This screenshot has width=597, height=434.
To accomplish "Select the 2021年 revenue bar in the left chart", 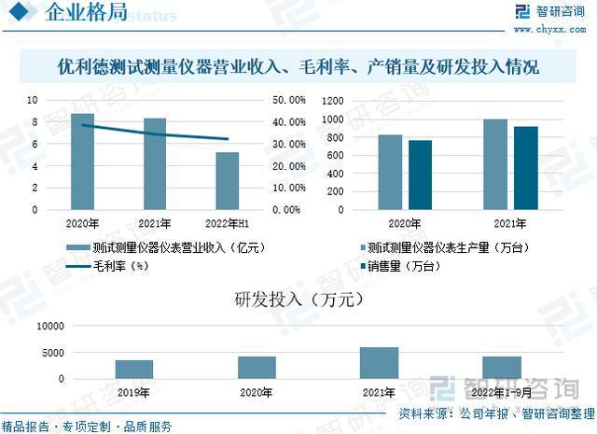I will [x=155, y=164].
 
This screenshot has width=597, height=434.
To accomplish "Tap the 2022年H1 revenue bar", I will [x=228, y=181].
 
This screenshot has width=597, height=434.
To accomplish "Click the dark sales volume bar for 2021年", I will [x=526, y=168].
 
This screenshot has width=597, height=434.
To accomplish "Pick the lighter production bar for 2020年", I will [x=390, y=173].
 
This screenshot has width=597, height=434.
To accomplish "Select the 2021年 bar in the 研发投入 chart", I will [x=379, y=363].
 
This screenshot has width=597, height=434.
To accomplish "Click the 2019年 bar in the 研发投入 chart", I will [x=134, y=370].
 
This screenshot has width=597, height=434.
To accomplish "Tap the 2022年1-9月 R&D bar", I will [x=502, y=368].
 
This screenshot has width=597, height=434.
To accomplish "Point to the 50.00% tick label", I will [x=288, y=100].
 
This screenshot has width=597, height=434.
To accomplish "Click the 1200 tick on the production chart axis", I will [x=332, y=100].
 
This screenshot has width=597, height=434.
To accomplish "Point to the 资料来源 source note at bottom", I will [x=494, y=413].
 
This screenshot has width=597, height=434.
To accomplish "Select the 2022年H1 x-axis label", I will [x=227, y=224].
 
